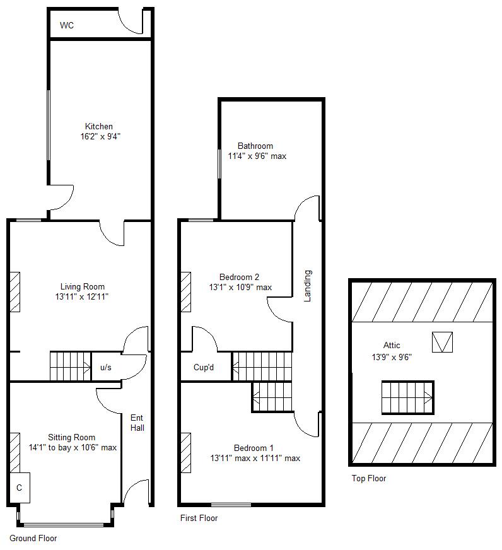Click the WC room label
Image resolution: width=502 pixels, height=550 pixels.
(x=66, y=26)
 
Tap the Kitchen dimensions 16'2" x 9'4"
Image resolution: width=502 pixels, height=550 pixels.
(x=99, y=136)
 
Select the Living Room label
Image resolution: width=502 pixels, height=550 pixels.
(x=82, y=287)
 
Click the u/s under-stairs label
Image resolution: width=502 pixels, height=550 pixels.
(x=105, y=368)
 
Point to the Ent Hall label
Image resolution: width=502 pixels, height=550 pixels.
(x=137, y=423)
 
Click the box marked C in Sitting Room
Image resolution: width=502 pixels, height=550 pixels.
(x=20, y=488)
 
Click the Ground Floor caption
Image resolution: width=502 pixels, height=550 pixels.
(x=33, y=538)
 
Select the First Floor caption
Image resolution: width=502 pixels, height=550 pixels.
(x=199, y=518)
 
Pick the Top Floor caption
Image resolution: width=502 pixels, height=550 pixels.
(x=368, y=478)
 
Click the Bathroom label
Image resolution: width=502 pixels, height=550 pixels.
(x=255, y=146)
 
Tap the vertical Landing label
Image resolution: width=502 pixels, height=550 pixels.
(x=308, y=286)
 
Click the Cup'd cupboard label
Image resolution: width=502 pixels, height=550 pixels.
(x=204, y=368)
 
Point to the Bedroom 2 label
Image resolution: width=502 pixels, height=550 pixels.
(x=239, y=277)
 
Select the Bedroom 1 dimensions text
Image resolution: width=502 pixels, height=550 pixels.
(x=255, y=458)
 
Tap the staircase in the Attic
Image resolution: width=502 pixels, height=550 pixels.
(x=407, y=397)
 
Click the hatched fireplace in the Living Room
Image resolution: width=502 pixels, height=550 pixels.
(x=15, y=292)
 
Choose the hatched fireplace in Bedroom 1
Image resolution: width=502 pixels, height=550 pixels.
(x=186, y=452)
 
